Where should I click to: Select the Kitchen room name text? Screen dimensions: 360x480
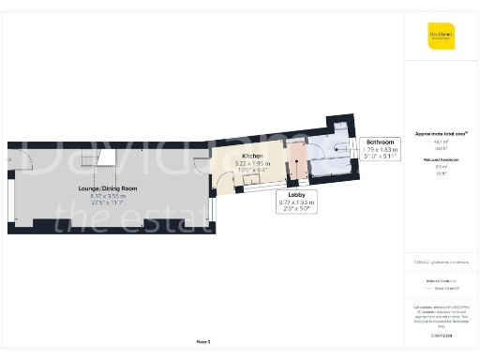[x=252, y=156]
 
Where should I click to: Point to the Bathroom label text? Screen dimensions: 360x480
[x=380, y=142]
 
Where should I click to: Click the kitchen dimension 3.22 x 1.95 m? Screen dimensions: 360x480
[x=252, y=163]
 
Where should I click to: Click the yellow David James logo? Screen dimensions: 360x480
[x=441, y=37]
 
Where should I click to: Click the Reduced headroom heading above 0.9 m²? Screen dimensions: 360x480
[x=440, y=160]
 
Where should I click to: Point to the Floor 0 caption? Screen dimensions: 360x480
[x=202, y=341]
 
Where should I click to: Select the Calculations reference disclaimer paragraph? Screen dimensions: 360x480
[x=440, y=315]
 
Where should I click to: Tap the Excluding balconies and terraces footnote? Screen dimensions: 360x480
[x=440, y=261]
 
